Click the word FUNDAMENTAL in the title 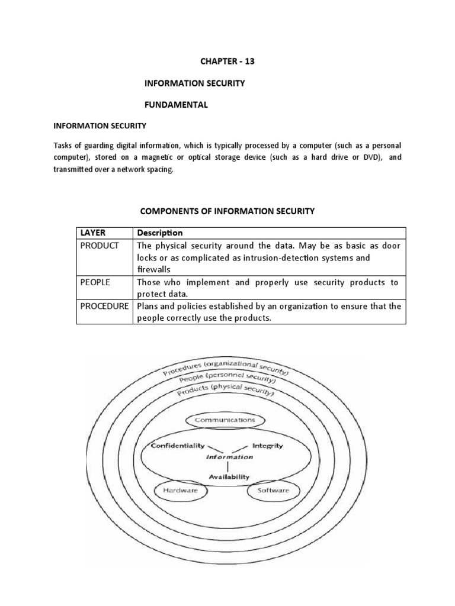tap(177, 105)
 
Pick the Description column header tap(160, 233)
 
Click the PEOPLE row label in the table tap(95, 283)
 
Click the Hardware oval tap(176, 491)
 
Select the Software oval tap(274, 491)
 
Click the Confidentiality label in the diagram tap(177, 446)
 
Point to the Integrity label tap(267, 446)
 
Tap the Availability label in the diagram tap(228, 476)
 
